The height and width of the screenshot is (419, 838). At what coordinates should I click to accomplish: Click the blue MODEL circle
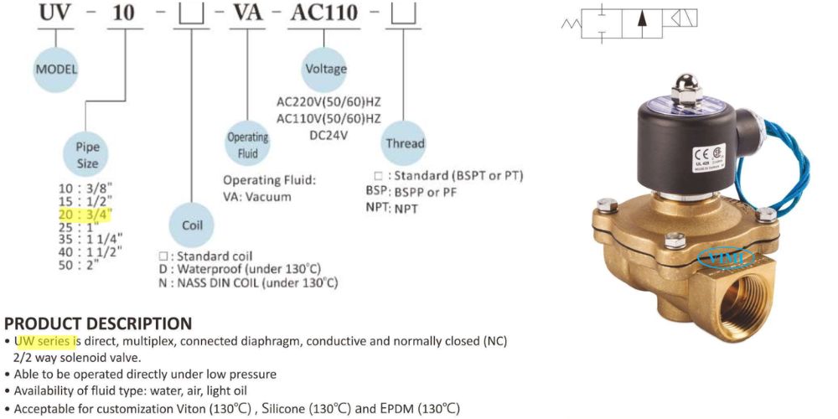click(x=56, y=70)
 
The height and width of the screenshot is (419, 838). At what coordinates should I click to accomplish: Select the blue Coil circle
click(x=193, y=225)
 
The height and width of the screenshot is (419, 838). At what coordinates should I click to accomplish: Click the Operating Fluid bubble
click(x=248, y=142)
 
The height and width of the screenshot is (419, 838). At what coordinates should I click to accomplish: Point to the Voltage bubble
click(x=326, y=69)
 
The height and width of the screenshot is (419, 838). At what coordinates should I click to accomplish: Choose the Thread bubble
click(x=405, y=143)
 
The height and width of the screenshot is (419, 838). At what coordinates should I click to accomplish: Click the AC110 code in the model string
click(x=323, y=13)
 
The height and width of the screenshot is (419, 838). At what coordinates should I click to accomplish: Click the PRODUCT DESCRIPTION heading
click(x=98, y=323)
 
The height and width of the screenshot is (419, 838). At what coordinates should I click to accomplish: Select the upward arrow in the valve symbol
click(x=642, y=22)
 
